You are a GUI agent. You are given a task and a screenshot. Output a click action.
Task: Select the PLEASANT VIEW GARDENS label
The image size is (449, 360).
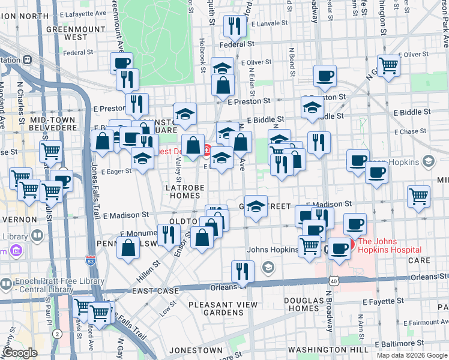[223, 308]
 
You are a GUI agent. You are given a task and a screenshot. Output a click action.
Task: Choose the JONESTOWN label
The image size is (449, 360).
[196, 349]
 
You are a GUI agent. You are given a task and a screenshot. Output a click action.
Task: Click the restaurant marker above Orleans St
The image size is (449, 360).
[242, 272]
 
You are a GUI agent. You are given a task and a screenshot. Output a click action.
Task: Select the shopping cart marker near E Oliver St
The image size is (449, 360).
[388, 67]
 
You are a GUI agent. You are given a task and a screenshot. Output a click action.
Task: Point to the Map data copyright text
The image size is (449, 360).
[411, 355]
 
